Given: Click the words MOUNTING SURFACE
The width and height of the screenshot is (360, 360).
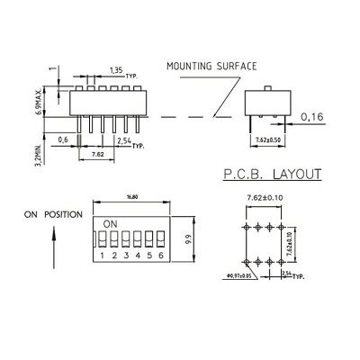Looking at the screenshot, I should tap(211, 66).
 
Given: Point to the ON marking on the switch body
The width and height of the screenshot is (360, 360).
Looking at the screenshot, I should tap(110, 222).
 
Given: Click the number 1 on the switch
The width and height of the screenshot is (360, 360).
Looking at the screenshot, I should tap(103, 256).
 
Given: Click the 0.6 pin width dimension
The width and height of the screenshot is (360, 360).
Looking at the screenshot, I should tap(63, 139).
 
